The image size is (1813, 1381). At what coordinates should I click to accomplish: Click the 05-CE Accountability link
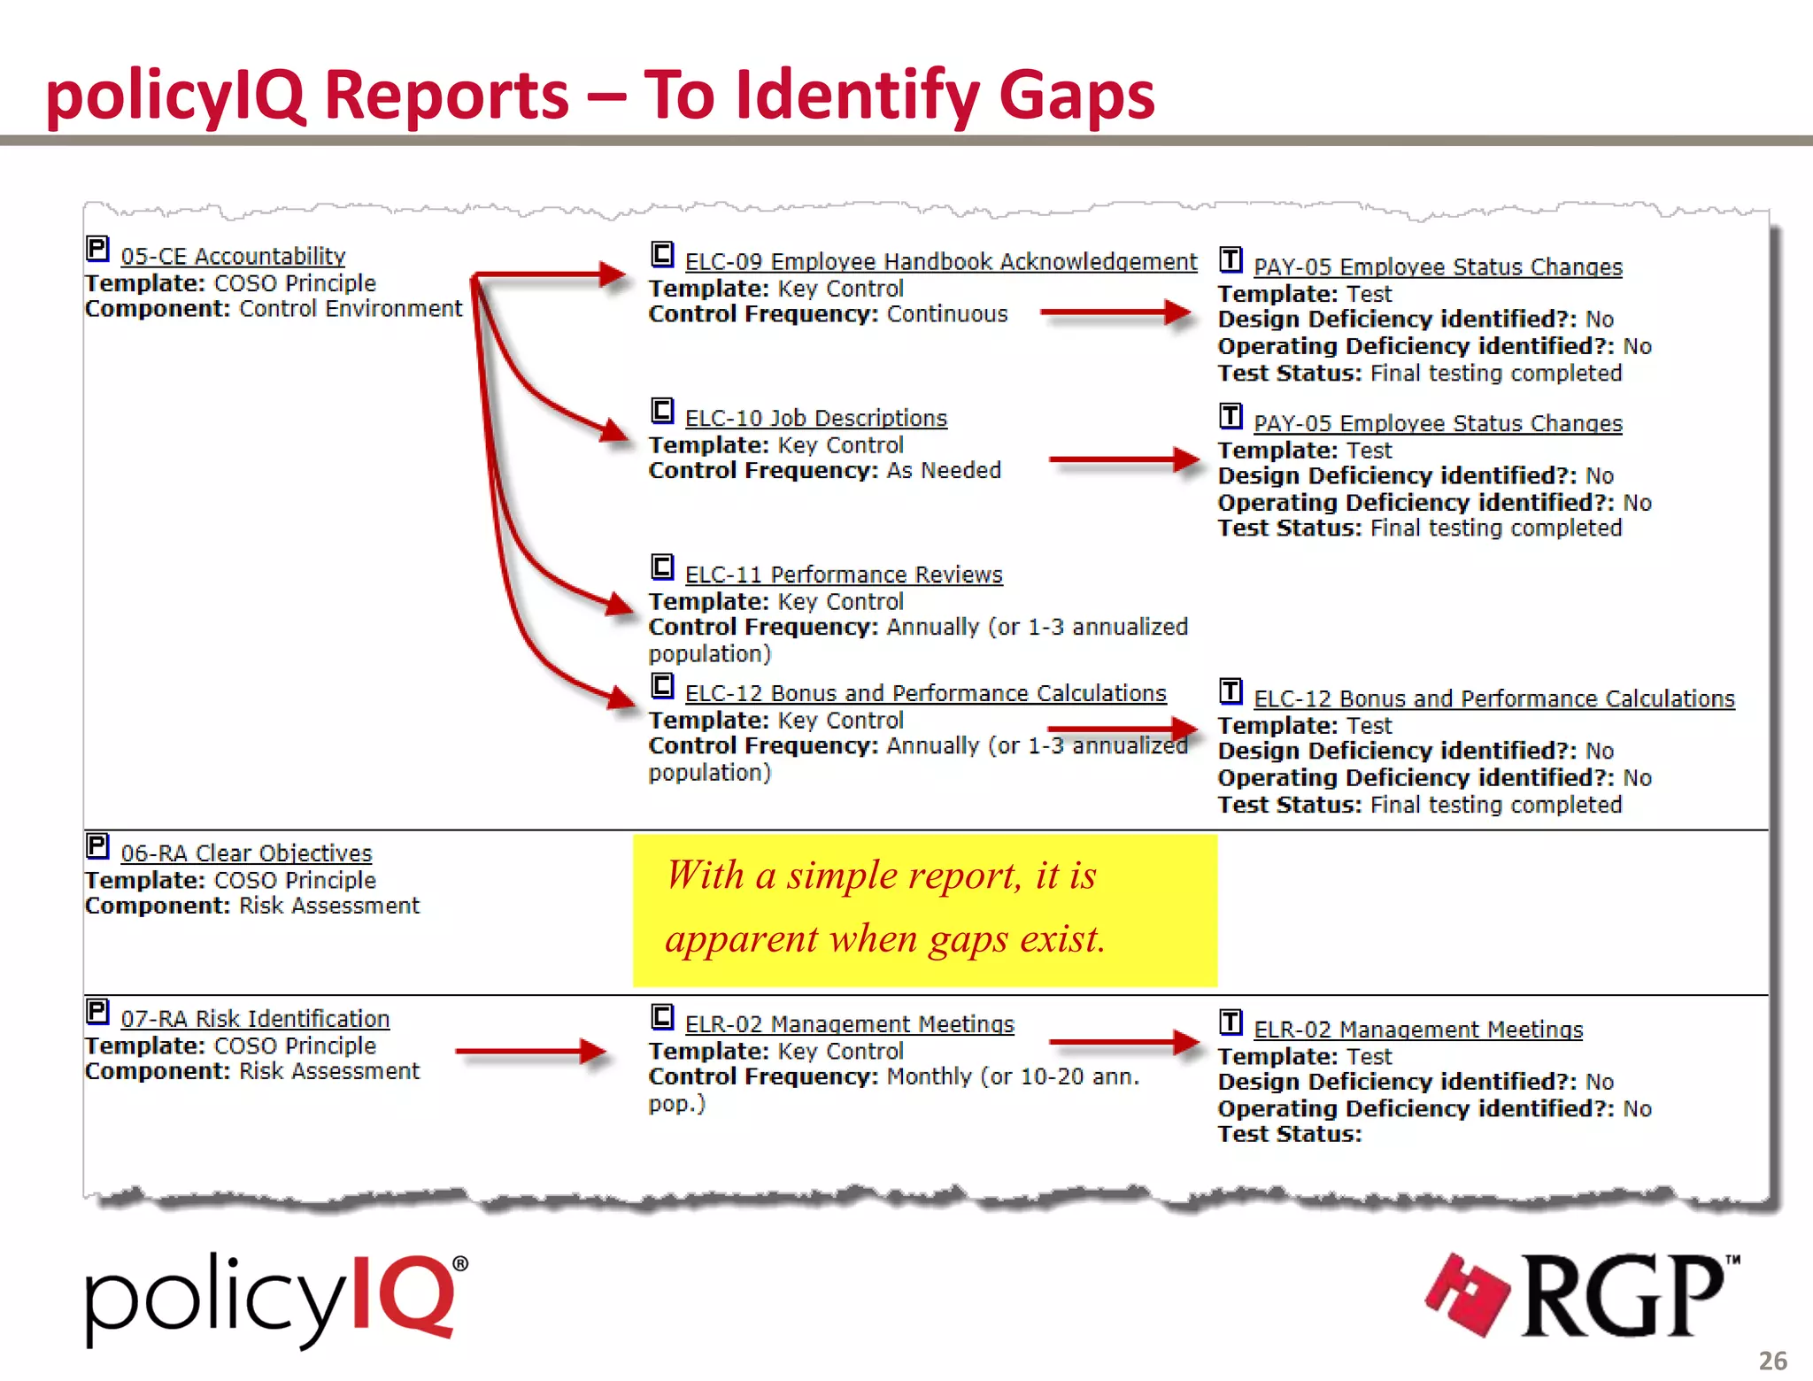click(233, 257)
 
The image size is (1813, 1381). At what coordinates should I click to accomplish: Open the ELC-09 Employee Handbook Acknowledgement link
click(940, 262)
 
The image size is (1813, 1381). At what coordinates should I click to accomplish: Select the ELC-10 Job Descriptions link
click(815, 418)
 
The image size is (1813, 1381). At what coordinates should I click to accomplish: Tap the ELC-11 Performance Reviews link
click(843, 575)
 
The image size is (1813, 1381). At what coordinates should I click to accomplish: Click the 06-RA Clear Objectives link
click(246, 853)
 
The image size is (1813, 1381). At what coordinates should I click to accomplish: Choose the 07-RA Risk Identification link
click(255, 1019)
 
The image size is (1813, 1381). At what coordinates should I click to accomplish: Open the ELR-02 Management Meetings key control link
click(849, 1024)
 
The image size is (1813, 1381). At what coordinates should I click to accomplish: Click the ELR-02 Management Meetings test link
click(1417, 1030)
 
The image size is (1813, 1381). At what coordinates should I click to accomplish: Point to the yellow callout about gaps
click(924, 910)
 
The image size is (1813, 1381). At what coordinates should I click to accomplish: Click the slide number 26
click(1772, 1361)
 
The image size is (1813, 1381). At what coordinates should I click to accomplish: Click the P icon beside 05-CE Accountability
click(97, 249)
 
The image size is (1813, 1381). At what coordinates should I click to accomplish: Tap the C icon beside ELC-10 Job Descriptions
click(662, 411)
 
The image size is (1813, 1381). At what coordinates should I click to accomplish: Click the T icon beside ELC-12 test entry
click(1231, 690)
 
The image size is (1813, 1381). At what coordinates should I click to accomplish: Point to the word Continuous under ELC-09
click(947, 314)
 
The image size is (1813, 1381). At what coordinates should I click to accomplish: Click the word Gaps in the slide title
click(1076, 96)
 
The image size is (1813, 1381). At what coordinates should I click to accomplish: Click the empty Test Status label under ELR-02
click(1289, 1134)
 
